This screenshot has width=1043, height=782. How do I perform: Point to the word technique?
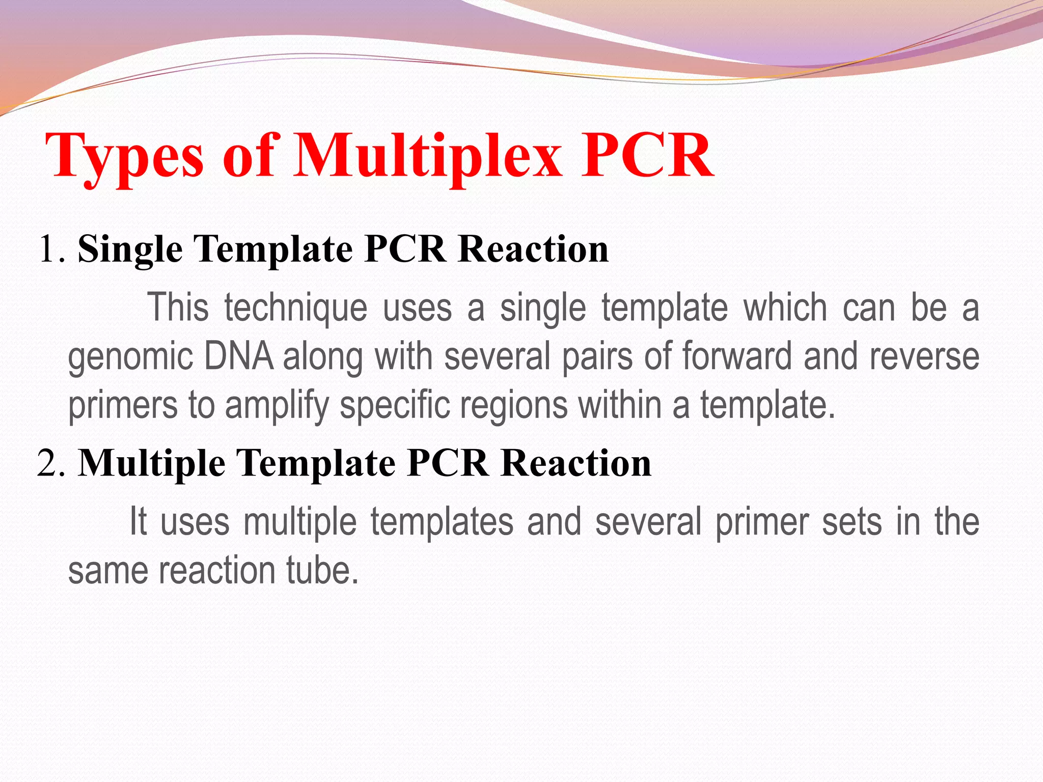pyautogui.click(x=296, y=309)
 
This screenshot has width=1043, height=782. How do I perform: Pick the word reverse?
pyautogui.click(x=924, y=356)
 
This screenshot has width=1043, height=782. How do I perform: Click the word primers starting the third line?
pyautogui.click(x=123, y=405)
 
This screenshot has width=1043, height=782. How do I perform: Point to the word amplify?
pyautogui.click(x=278, y=405)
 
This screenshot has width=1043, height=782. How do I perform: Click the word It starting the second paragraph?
pyautogui.click(x=138, y=521)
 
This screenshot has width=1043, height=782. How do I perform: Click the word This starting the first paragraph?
pyautogui.click(x=178, y=308)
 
